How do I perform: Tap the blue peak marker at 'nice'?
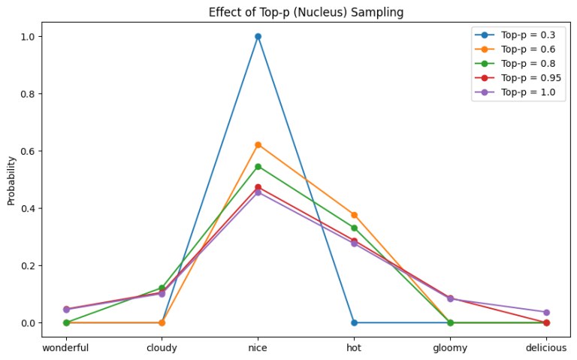pyautogui.click(x=258, y=36)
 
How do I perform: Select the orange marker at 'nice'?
pyautogui.click(x=258, y=144)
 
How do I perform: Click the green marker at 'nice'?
pyautogui.click(x=258, y=166)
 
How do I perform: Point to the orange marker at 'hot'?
pyautogui.click(x=354, y=215)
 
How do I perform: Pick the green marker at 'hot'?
pyautogui.click(x=354, y=228)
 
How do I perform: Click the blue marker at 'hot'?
pyautogui.click(x=354, y=322)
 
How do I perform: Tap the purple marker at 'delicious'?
pyautogui.click(x=546, y=312)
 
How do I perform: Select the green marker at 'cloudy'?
pyautogui.click(x=162, y=288)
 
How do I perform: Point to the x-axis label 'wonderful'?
pyautogui.click(x=65, y=348)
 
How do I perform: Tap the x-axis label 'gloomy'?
pyautogui.click(x=450, y=348)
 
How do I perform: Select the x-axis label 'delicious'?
pyautogui.click(x=546, y=348)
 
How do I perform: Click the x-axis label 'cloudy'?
pyautogui.click(x=162, y=348)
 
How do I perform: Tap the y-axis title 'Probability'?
pyautogui.click(x=11, y=180)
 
